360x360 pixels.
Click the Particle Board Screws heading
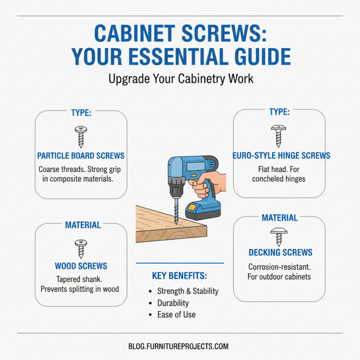tap(81, 156)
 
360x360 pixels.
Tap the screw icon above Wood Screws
tap(81, 249)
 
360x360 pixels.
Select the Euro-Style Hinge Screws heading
tap(281, 156)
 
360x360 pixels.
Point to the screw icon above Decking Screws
tap(279, 235)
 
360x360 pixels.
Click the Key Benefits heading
tap(180, 276)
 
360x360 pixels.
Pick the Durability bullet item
tap(173, 303)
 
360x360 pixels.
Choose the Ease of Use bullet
tap(176, 315)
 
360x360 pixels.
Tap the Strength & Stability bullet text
tap(188, 291)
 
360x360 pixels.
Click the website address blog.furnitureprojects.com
tap(178, 346)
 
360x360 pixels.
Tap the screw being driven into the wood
tap(175, 211)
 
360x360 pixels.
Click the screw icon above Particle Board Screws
tap(81, 137)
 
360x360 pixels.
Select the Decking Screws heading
tap(280, 252)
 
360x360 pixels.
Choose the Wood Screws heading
tap(81, 266)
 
